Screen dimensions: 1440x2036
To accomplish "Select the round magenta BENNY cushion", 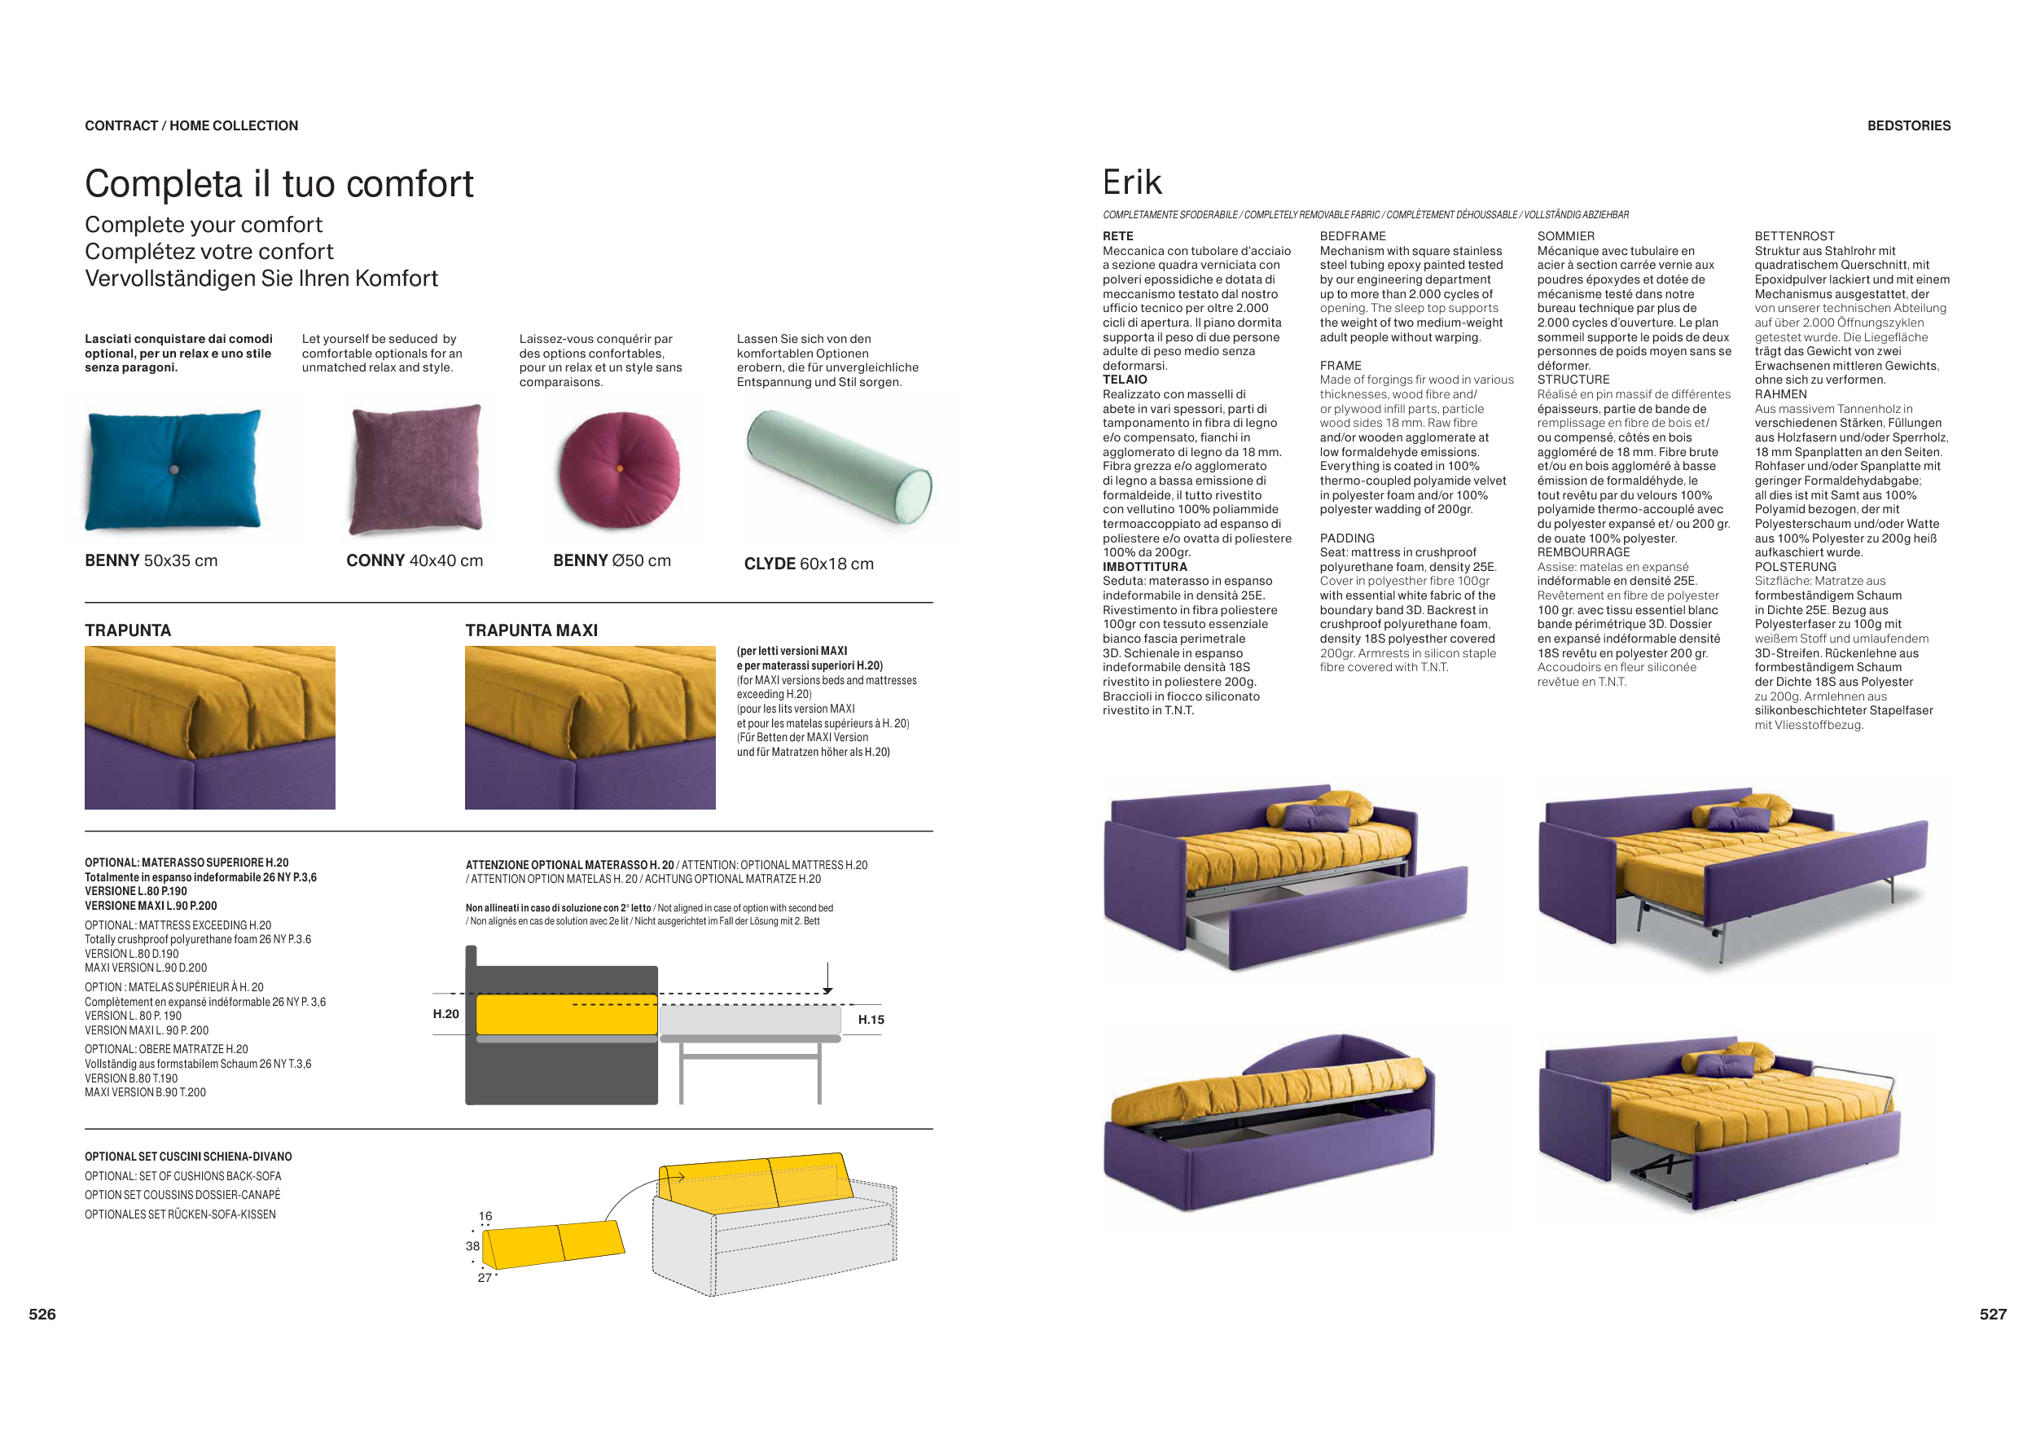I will pyautogui.click(x=620, y=468).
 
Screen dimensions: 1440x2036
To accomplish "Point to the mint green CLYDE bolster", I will pyautogui.click(x=839, y=466).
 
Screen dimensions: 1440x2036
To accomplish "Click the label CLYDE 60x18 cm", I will pyautogui.click(x=809, y=564).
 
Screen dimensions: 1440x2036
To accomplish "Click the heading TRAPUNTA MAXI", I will pyautogui.click(x=531, y=630).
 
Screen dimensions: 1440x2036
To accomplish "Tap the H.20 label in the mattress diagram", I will pyautogui.click(x=446, y=1013).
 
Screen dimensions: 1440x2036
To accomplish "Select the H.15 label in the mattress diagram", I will pyautogui.click(x=871, y=1020).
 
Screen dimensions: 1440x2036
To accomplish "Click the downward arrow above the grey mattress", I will pyautogui.click(x=827, y=979).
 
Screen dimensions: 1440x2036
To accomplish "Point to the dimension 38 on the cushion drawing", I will pyautogui.click(x=472, y=1246).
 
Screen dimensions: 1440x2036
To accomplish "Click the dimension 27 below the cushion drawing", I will pyautogui.click(x=485, y=1278).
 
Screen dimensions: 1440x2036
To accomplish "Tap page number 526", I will pyautogui.click(x=42, y=1314).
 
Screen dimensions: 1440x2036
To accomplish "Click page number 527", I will pyautogui.click(x=1993, y=1314).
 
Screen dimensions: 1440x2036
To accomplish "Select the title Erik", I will pyautogui.click(x=1131, y=182).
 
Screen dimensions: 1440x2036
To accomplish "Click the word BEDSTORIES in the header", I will pyautogui.click(x=1908, y=126).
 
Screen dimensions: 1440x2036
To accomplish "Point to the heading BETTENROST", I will pyautogui.click(x=1794, y=236).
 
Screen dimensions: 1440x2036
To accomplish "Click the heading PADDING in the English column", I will pyautogui.click(x=1347, y=538).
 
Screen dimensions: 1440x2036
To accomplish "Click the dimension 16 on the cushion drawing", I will pyautogui.click(x=485, y=1216).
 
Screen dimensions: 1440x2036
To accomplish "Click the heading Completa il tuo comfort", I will pyautogui.click(x=279, y=184).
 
